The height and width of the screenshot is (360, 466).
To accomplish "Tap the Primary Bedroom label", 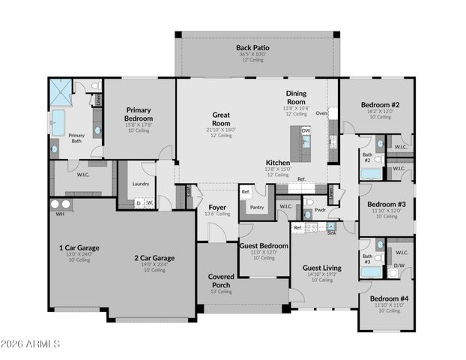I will [139, 114].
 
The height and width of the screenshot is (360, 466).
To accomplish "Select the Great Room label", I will [221, 119].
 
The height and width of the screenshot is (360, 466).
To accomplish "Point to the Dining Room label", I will [296, 97].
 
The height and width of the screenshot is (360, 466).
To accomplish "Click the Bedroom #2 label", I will [379, 105].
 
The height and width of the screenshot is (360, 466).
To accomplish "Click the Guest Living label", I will [322, 268].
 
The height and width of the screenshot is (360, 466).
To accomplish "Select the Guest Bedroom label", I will [264, 245].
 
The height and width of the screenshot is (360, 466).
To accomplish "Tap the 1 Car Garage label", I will [79, 247].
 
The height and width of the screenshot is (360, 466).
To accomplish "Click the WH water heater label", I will [58, 214].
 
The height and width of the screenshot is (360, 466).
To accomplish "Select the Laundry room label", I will [141, 183].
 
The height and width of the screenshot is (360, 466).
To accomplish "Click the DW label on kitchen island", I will [306, 130].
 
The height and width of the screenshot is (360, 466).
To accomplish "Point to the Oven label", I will [321, 113].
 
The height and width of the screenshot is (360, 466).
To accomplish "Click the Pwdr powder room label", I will [319, 211].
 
